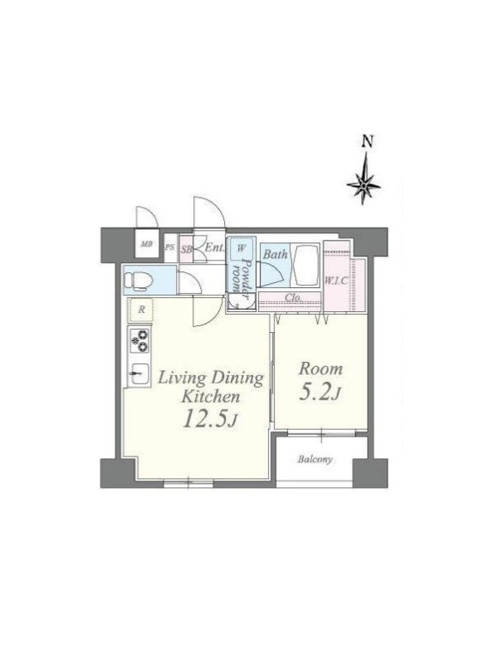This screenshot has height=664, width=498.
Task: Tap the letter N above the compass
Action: (x=368, y=141)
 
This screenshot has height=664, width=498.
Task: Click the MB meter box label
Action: (x=147, y=244)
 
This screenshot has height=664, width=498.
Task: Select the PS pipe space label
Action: (x=170, y=247)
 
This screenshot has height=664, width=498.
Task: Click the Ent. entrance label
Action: (x=214, y=247)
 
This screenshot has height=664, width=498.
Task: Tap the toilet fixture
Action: (x=138, y=281)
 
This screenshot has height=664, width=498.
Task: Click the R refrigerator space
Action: (x=141, y=310)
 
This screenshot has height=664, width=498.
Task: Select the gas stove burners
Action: (x=140, y=341)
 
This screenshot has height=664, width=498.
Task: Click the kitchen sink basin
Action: (x=139, y=374)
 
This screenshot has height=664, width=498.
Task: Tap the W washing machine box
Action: (x=241, y=248)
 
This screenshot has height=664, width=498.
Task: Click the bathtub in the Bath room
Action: (x=305, y=265)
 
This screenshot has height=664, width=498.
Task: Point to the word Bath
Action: (x=276, y=255)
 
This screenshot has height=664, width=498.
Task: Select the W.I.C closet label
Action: (x=336, y=281)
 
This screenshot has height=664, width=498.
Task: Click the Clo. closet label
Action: (x=293, y=297)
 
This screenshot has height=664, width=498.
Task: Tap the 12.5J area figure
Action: (x=210, y=418)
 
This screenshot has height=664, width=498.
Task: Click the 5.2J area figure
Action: (x=320, y=393)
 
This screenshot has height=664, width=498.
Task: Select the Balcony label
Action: (x=315, y=460)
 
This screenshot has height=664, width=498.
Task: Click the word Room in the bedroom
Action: (x=320, y=369)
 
